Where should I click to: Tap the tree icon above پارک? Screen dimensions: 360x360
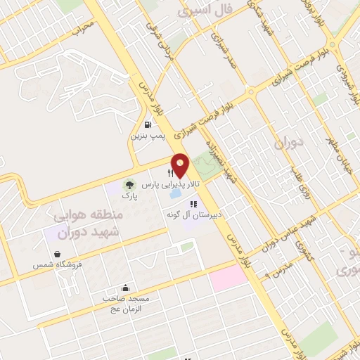pos(129,185)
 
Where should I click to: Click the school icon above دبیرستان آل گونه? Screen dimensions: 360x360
pos(174,203)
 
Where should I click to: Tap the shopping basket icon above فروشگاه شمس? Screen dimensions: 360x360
pos(56,254)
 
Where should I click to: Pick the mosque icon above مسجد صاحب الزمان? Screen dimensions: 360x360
pos(126,287)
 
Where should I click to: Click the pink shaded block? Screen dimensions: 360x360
pos(228,277)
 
